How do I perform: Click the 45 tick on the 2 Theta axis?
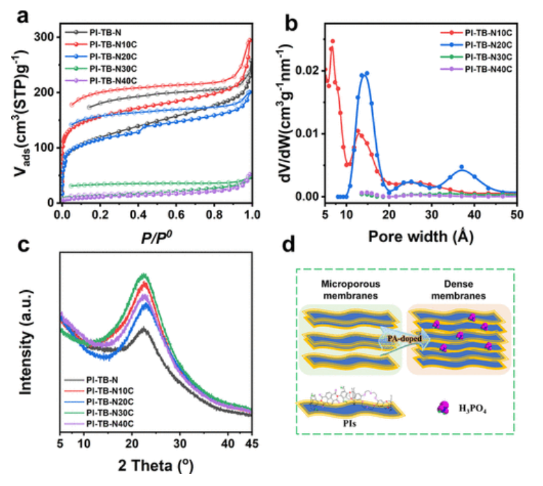click(251, 443)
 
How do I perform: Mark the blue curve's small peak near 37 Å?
click(461, 167)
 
